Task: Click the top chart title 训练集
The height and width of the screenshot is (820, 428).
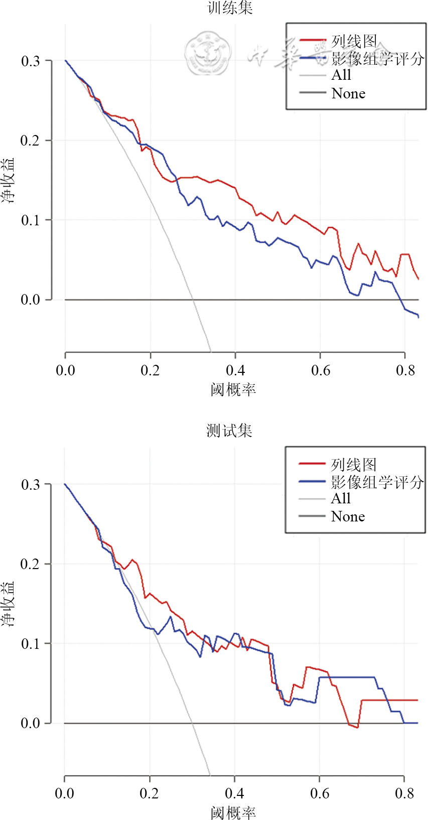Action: point(230,8)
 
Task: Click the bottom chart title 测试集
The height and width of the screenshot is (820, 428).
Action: point(229,431)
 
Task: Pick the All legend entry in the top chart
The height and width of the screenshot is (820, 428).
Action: point(341,75)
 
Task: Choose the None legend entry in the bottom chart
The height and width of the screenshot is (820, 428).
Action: point(348,516)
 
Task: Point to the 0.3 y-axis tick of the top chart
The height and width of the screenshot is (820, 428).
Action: point(30,61)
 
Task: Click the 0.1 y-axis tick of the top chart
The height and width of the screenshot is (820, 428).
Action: point(30,220)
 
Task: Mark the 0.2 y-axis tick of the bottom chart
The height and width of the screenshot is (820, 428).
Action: point(30,564)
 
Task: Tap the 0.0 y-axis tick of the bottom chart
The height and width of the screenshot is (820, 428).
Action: point(30,723)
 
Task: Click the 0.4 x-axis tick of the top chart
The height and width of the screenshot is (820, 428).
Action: point(235,370)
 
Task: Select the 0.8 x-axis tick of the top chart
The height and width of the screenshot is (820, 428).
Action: point(405,370)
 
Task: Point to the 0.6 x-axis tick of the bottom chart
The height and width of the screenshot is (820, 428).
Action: point(320,793)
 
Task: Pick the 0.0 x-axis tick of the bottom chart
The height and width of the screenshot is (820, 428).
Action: point(65,793)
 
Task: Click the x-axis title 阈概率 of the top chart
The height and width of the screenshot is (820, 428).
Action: point(233,389)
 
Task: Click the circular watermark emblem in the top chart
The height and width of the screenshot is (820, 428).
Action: point(207,52)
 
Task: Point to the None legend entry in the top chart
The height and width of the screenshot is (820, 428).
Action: point(348,93)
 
